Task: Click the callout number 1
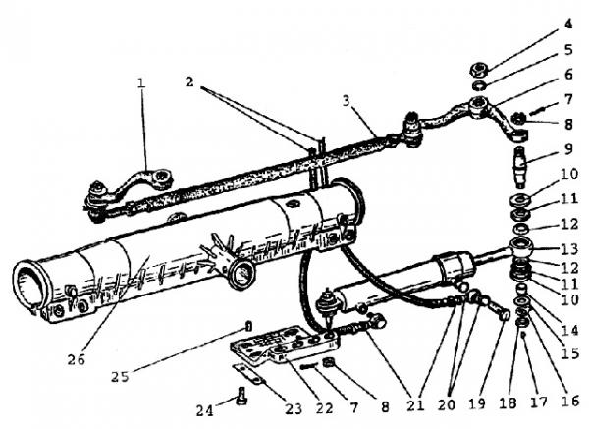point(140,82)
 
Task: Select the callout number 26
point(77,359)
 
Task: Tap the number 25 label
point(120,376)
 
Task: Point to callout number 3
point(346,101)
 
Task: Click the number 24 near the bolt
point(205,410)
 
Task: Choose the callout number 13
point(569,248)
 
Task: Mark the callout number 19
point(477,403)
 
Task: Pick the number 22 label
point(324,408)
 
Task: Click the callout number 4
point(568,24)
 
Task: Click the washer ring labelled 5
point(479,85)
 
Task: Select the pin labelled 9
point(521,168)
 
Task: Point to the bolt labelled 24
point(241,396)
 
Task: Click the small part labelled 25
point(248,326)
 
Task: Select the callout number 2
point(189,81)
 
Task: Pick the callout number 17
point(539,402)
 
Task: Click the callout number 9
point(568,149)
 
